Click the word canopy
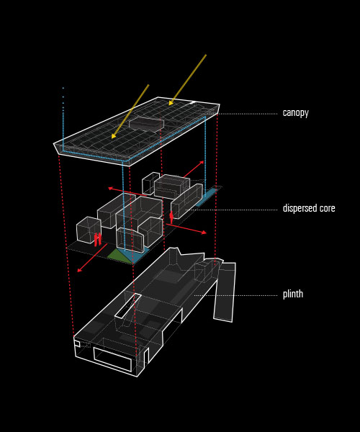(295, 113)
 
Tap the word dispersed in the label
(298, 208)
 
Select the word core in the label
(326, 209)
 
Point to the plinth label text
(293, 294)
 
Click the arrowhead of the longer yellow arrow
(171, 103)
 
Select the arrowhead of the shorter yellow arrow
(114, 136)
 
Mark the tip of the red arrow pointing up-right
(204, 161)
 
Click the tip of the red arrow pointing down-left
(77, 271)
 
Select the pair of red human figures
(97, 240)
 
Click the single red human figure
(171, 217)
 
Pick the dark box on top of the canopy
(146, 124)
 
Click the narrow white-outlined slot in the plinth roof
(128, 306)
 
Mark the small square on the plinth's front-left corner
(77, 343)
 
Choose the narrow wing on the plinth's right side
(225, 292)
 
